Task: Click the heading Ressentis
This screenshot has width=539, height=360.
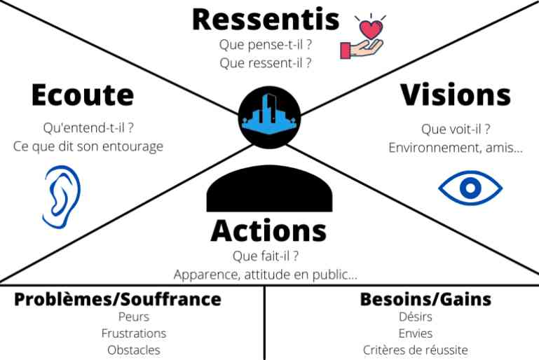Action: [x=266, y=19]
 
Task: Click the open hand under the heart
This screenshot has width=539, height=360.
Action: [x=362, y=49]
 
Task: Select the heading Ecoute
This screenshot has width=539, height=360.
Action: [x=83, y=95]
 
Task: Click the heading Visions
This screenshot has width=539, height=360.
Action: [x=456, y=95]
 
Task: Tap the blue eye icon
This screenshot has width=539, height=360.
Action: [x=470, y=188]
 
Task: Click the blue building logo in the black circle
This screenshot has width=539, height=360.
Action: [x=269, y=115]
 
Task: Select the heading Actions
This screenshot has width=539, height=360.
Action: [x=269, y=230]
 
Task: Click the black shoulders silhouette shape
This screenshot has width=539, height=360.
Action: [x=269, y=188]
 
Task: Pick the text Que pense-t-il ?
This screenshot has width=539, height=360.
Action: [x=266, y=44]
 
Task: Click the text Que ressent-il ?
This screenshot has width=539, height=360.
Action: [x=266, y=63]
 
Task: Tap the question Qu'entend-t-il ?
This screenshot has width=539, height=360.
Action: [x=88, y=127]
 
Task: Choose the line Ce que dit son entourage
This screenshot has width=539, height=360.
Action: [x=88, y=146]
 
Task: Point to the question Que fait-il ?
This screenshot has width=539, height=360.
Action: [x=266, y=256]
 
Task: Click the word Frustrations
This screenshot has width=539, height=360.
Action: [x=134, y=333]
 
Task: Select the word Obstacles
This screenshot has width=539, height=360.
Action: [x=134, y=350]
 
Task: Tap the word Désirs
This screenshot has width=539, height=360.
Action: [x=415, y=317]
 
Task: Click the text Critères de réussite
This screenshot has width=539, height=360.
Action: [x=415, y=350]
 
